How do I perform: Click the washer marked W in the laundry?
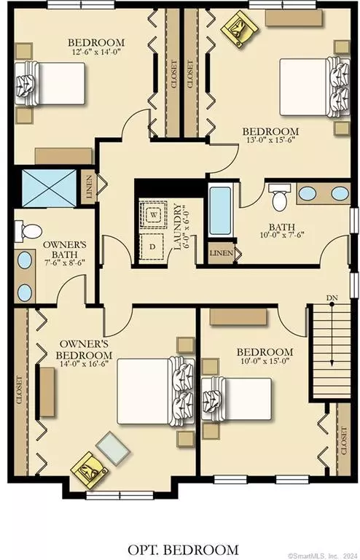[x=154, y=214]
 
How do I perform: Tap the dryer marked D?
[x=152, y=246]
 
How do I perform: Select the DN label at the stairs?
[x=332, y=297]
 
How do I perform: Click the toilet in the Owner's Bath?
[x=28, y=230]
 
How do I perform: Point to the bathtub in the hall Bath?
[x=220, y=210]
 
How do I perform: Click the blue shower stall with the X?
[x=49, y=188]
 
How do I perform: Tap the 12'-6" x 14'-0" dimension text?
[x=96, y=52]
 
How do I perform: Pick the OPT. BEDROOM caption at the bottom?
[x=183, y=550]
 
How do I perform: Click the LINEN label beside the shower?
[x=89, y=187]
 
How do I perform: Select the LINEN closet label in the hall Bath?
[x=222, y=253]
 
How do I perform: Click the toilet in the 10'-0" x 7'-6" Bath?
[x=279, y=197]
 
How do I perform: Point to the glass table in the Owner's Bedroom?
[x=114, y=448]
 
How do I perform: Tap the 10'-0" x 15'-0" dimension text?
[x=265, y=361]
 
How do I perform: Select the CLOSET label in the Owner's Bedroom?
[x=19, y=389]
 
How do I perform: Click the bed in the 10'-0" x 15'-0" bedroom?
[x=237, y=399]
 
